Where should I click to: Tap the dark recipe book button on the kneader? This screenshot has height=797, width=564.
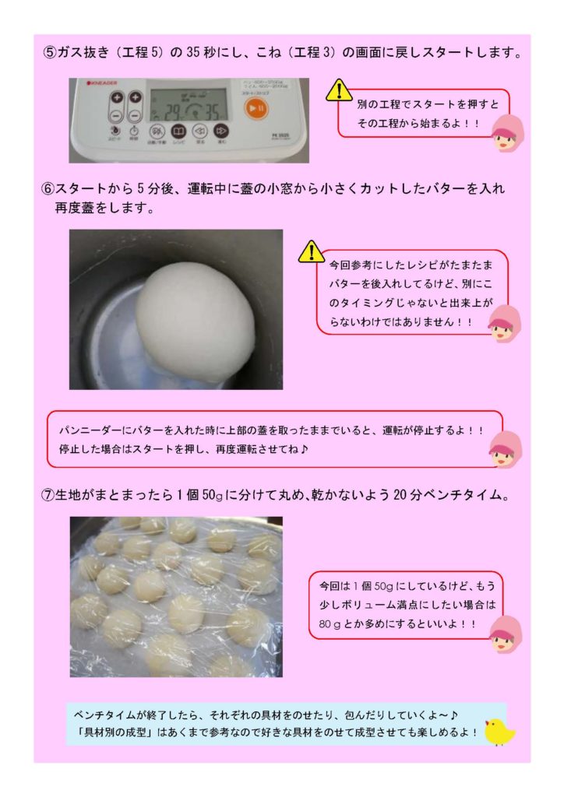tap(178, 132)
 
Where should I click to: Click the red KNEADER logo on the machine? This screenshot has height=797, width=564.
tap(102, 83)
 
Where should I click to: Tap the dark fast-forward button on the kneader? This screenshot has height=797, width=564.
tap(220, 132)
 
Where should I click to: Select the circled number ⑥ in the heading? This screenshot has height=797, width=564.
tap(48, 188)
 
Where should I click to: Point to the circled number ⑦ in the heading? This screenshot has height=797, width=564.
tap(48, 494)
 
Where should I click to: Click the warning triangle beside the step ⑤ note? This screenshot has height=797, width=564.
tap(338, 90)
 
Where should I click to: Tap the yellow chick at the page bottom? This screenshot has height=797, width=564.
tap(499, 732)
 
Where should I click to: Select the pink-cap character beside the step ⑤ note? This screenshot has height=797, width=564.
tap(508, 133)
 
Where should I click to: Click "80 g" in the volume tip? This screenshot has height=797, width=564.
tap(330, 623)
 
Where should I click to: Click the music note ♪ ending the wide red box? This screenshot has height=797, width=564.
tap(304, 449)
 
